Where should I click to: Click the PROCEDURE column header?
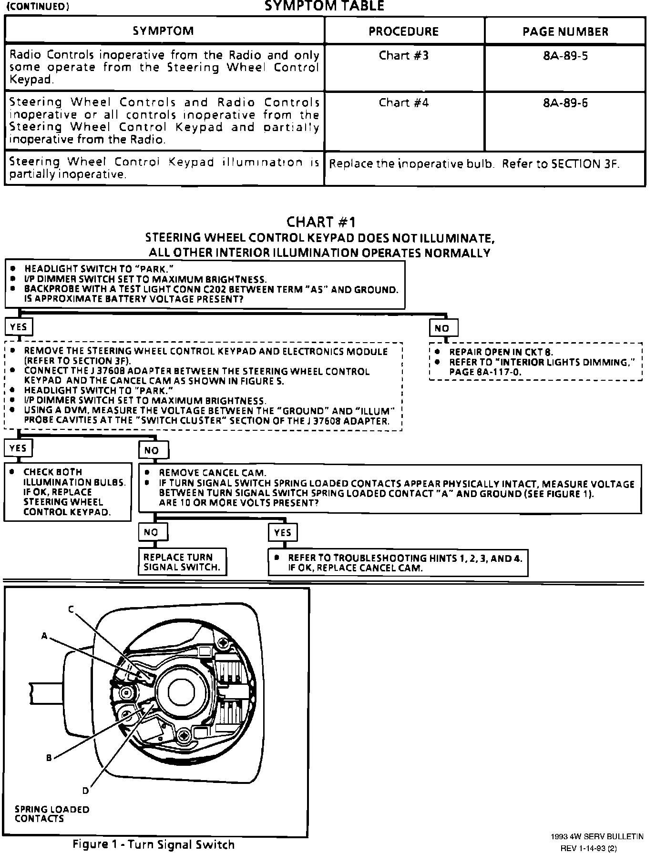pyautogui.click(x=403, y=31)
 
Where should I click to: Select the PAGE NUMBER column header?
pyautogui.click(x=565, y=32)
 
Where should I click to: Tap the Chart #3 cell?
pyautogui.click(x=403, y=56)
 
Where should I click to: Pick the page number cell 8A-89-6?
pyautogui.click(x=565, y=103)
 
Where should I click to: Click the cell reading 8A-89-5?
pyautogui.click(x=565, y=56)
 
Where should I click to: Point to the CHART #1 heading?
pyautogui.click(x=321, y=222)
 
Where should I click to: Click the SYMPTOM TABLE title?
pyautogui.click(x=324, y=6)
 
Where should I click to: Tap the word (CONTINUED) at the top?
pyautogui.click(x=38, y=7)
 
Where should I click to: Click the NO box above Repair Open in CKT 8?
pyautogui.click(x=443, y=328)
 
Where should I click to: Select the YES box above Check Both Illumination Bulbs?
pyautogui.click(x=18, y=448)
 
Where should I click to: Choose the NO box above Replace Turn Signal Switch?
pyautogui.click(x=151, y=532)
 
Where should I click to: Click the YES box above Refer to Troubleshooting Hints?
pyautogui.click(x=282, y=532)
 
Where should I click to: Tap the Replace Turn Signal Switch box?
pyautogui.click(x=182, y=562)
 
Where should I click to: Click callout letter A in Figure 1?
pyautogui.click(x=44, y=636)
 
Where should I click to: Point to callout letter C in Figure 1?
pyautogui.click(x=71, y=609)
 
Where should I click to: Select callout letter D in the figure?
pyautogui.click(x=85, y=791)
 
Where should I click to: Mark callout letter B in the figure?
pyautogui.click(x=49, y=758)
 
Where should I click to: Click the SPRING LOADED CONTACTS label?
pyautogui.click(x=52, y=814)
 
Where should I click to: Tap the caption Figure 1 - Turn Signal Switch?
pyautogui.click(x=154, y=844)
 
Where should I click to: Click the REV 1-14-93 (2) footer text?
pyautogui.click(x=588, y=848)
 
